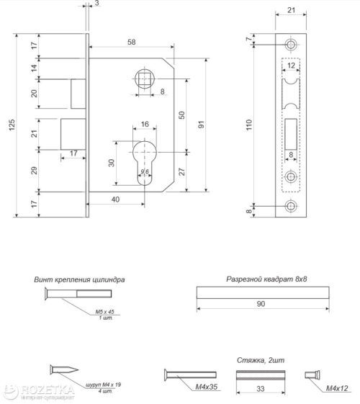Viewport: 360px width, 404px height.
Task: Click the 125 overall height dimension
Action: [x=10, y=126]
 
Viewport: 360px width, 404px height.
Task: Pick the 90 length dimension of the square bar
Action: [x=261, y=305]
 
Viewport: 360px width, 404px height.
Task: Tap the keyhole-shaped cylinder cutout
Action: [x=143, y=161]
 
